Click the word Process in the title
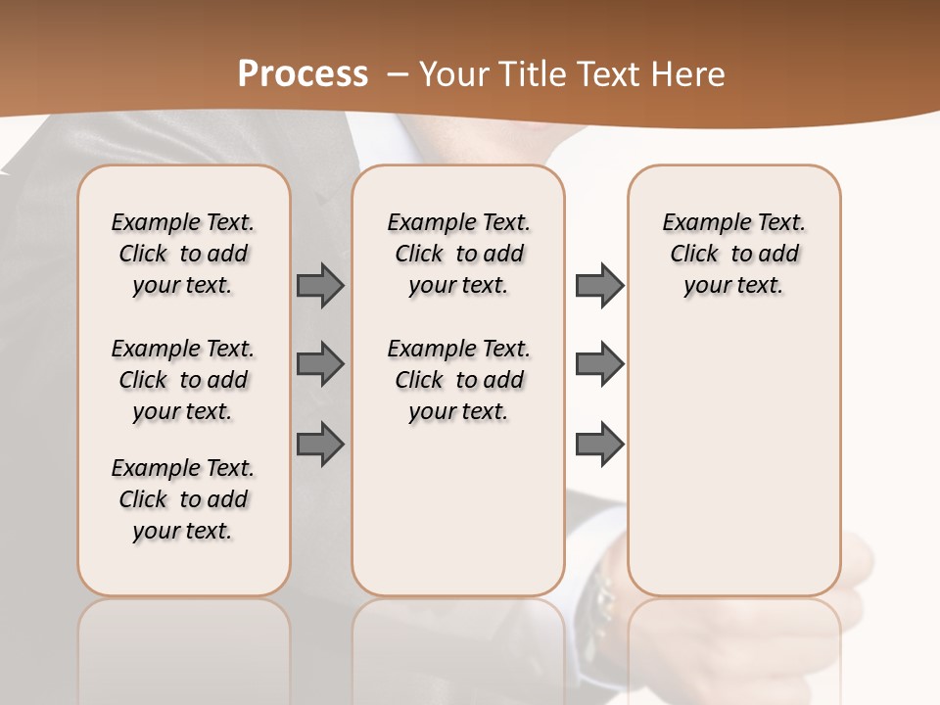(303, 73)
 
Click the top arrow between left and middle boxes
(320, 285)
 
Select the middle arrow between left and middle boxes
(320, 364)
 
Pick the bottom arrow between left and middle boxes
(320, 444)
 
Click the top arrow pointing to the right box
(599, 285)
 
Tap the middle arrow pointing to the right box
(599, 364)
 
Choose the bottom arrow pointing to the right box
(599, 444)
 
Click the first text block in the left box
(183, 254)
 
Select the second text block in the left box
(183, 380)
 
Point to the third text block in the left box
(183, 499)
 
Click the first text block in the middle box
(458, 254)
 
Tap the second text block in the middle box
(458, 380)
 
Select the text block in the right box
(733, 254)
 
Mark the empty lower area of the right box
(733, 460)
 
